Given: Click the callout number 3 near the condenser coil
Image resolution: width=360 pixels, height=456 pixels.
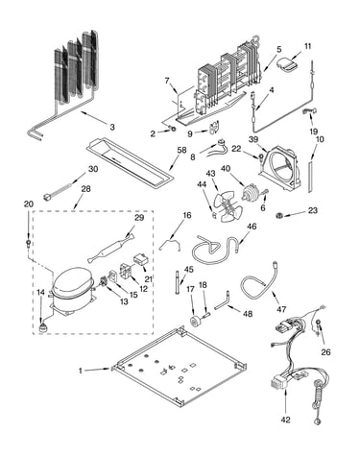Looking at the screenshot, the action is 112,127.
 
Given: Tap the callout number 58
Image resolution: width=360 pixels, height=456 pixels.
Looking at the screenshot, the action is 181,151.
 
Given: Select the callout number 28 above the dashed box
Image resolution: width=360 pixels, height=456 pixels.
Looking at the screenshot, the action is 85,189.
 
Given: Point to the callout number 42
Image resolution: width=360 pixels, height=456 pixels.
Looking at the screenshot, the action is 285,420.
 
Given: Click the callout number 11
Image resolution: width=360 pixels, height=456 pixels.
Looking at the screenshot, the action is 307,46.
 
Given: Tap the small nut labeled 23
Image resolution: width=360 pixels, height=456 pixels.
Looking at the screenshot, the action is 279,216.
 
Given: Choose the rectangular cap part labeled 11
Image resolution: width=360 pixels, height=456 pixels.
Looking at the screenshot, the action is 287,63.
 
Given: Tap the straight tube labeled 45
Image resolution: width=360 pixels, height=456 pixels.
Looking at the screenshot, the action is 177,281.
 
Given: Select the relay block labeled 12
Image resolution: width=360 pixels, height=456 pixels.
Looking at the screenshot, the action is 126,271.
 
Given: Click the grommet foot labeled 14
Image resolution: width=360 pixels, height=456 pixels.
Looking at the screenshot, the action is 41,328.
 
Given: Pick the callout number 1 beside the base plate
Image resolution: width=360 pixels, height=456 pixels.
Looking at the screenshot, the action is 81,371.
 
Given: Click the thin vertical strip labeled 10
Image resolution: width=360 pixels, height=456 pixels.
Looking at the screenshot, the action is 310,178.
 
